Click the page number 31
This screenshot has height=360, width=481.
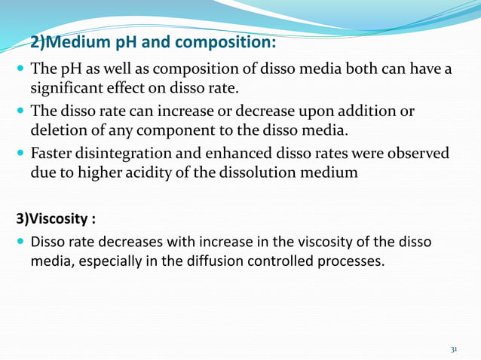coord(454,350)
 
